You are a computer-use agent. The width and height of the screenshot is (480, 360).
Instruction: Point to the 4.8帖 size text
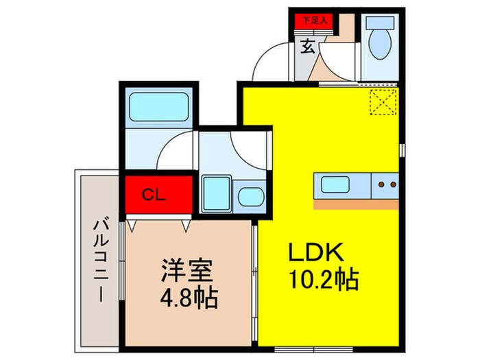188,298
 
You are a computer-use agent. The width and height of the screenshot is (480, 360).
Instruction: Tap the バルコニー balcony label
100,261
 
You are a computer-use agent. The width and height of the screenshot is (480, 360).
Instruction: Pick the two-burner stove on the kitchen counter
387,184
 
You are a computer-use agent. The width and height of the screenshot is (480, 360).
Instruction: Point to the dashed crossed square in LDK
383,104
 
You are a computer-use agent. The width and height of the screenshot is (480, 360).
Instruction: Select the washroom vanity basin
250,195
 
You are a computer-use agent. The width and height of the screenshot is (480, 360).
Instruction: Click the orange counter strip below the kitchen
357,204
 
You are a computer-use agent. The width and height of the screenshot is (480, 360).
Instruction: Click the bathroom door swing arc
175,147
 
